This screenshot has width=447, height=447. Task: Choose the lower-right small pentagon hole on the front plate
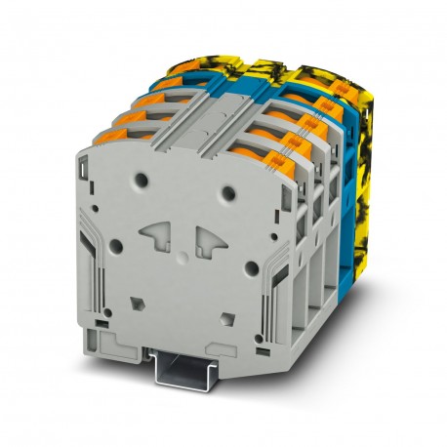coord(226,317)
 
